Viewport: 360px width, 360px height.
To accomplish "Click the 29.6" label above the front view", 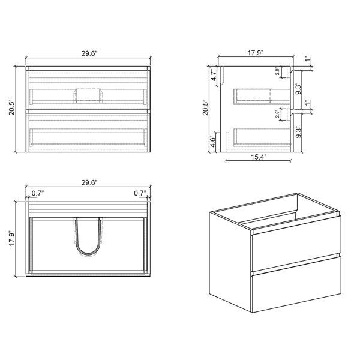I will click(88, 53).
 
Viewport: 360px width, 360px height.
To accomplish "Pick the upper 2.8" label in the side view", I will click(278, 72).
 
